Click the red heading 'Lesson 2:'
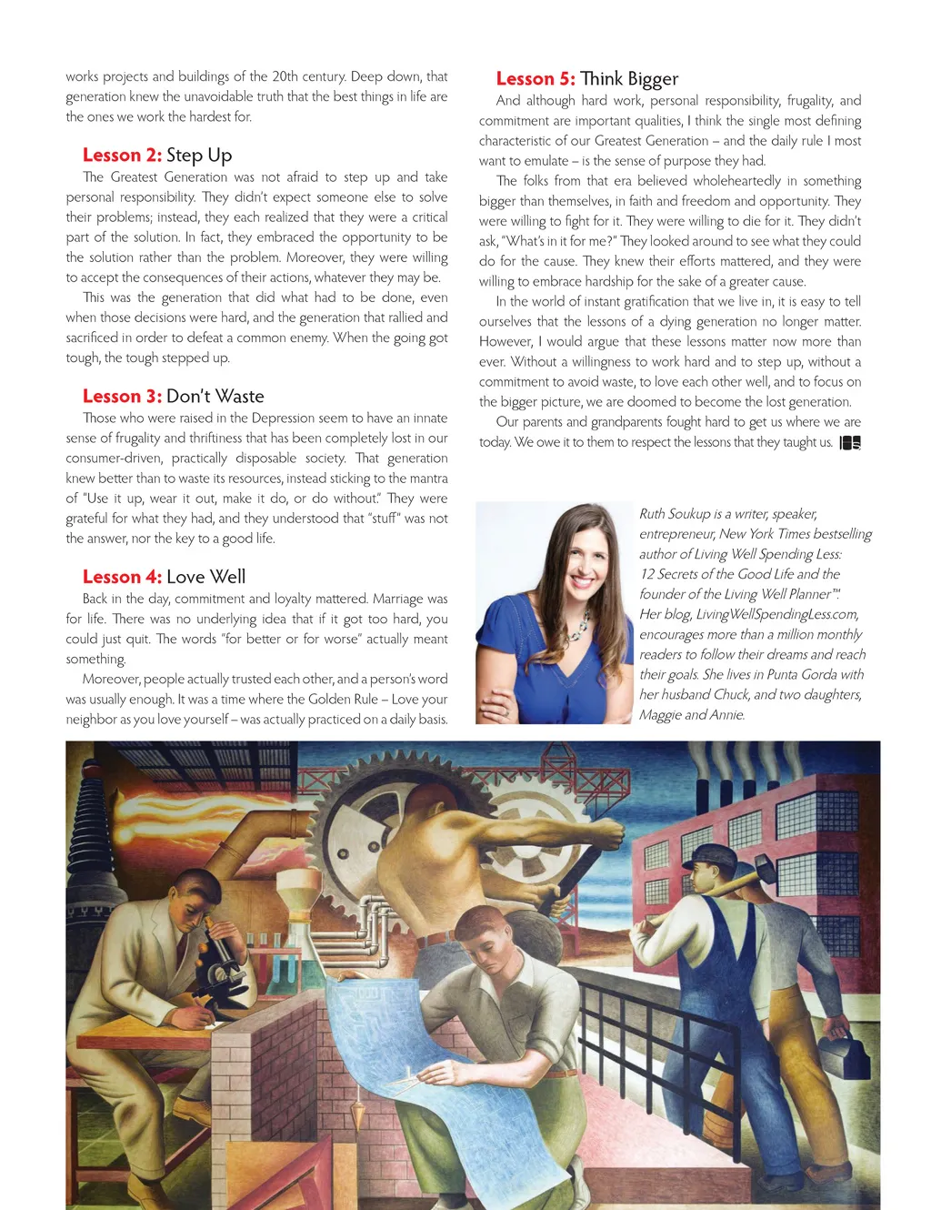pos(122,156)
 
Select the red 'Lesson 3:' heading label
pos(122,397)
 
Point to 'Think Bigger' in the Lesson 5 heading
pos(629,79)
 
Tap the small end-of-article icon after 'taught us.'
pos(850,443)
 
